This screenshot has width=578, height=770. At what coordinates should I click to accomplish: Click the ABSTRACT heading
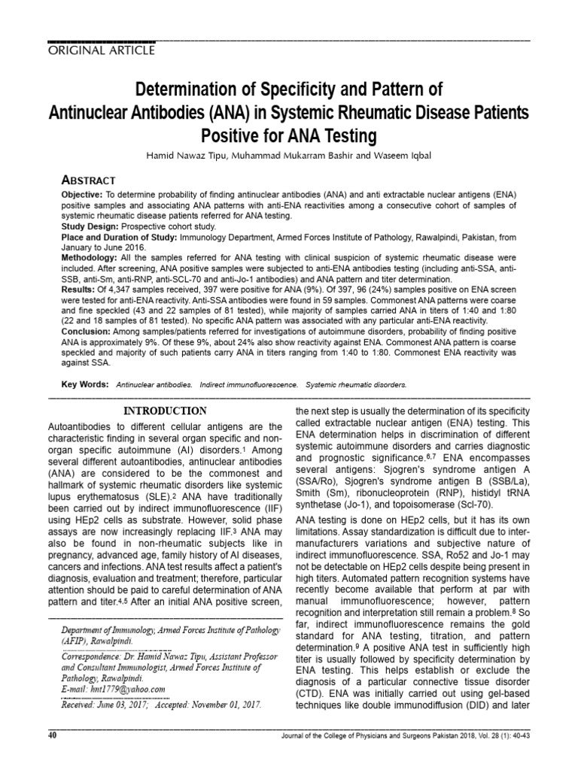(x=87, y=180)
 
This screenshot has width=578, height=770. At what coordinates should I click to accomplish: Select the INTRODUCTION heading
(x=165, y=411)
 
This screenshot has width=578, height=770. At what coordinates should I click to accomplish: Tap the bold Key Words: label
(x=84, y=384)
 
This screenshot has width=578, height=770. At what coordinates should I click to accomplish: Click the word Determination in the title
(x=185, y=92)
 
